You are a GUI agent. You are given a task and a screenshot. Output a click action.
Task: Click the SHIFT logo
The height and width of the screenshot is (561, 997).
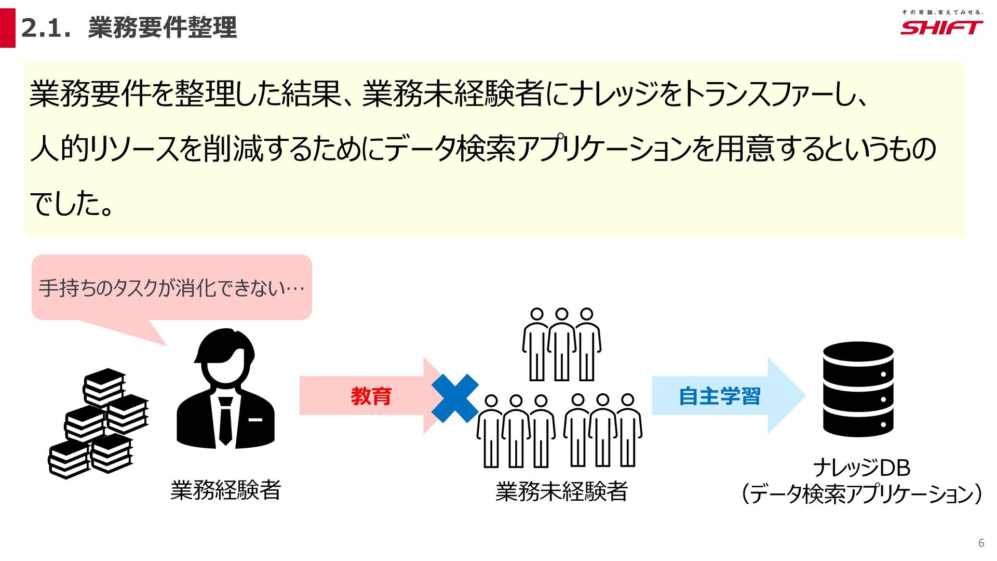(x=941, y=28)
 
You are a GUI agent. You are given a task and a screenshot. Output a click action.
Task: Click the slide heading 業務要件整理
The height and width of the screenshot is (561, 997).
(x=163, y=28)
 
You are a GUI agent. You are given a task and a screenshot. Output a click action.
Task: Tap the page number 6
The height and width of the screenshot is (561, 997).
(x=981, y=543)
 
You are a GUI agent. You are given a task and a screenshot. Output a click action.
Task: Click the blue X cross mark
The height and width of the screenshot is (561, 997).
(x=455, y=398)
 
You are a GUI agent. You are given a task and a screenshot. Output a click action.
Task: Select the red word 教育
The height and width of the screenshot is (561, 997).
(x=371, y=396)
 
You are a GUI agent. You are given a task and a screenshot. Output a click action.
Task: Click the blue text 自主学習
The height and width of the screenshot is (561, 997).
(x=719, y=396)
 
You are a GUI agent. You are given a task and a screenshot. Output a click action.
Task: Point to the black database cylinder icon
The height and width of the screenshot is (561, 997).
(x=858, y=389)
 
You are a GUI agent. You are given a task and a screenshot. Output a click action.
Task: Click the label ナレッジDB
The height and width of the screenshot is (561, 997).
(x=861, y=468)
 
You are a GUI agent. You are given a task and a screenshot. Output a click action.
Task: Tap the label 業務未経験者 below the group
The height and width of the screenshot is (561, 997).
(x=561, y=491)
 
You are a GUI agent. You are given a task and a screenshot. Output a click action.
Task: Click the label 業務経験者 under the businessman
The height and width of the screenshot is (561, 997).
(x=226, y=490)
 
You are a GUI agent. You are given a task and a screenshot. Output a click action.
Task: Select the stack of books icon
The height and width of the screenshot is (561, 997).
(x=99, y=423)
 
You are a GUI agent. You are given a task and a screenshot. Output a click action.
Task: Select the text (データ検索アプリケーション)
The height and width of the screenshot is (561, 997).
(x=861, y=494)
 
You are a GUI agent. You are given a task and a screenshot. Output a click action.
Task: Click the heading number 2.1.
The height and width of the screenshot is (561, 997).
(x=46, y=28)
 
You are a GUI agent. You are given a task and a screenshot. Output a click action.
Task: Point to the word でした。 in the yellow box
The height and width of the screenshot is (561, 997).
(x=72, y=203)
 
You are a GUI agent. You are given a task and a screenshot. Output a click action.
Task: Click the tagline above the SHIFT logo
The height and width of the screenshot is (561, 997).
(x=941, y=12)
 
